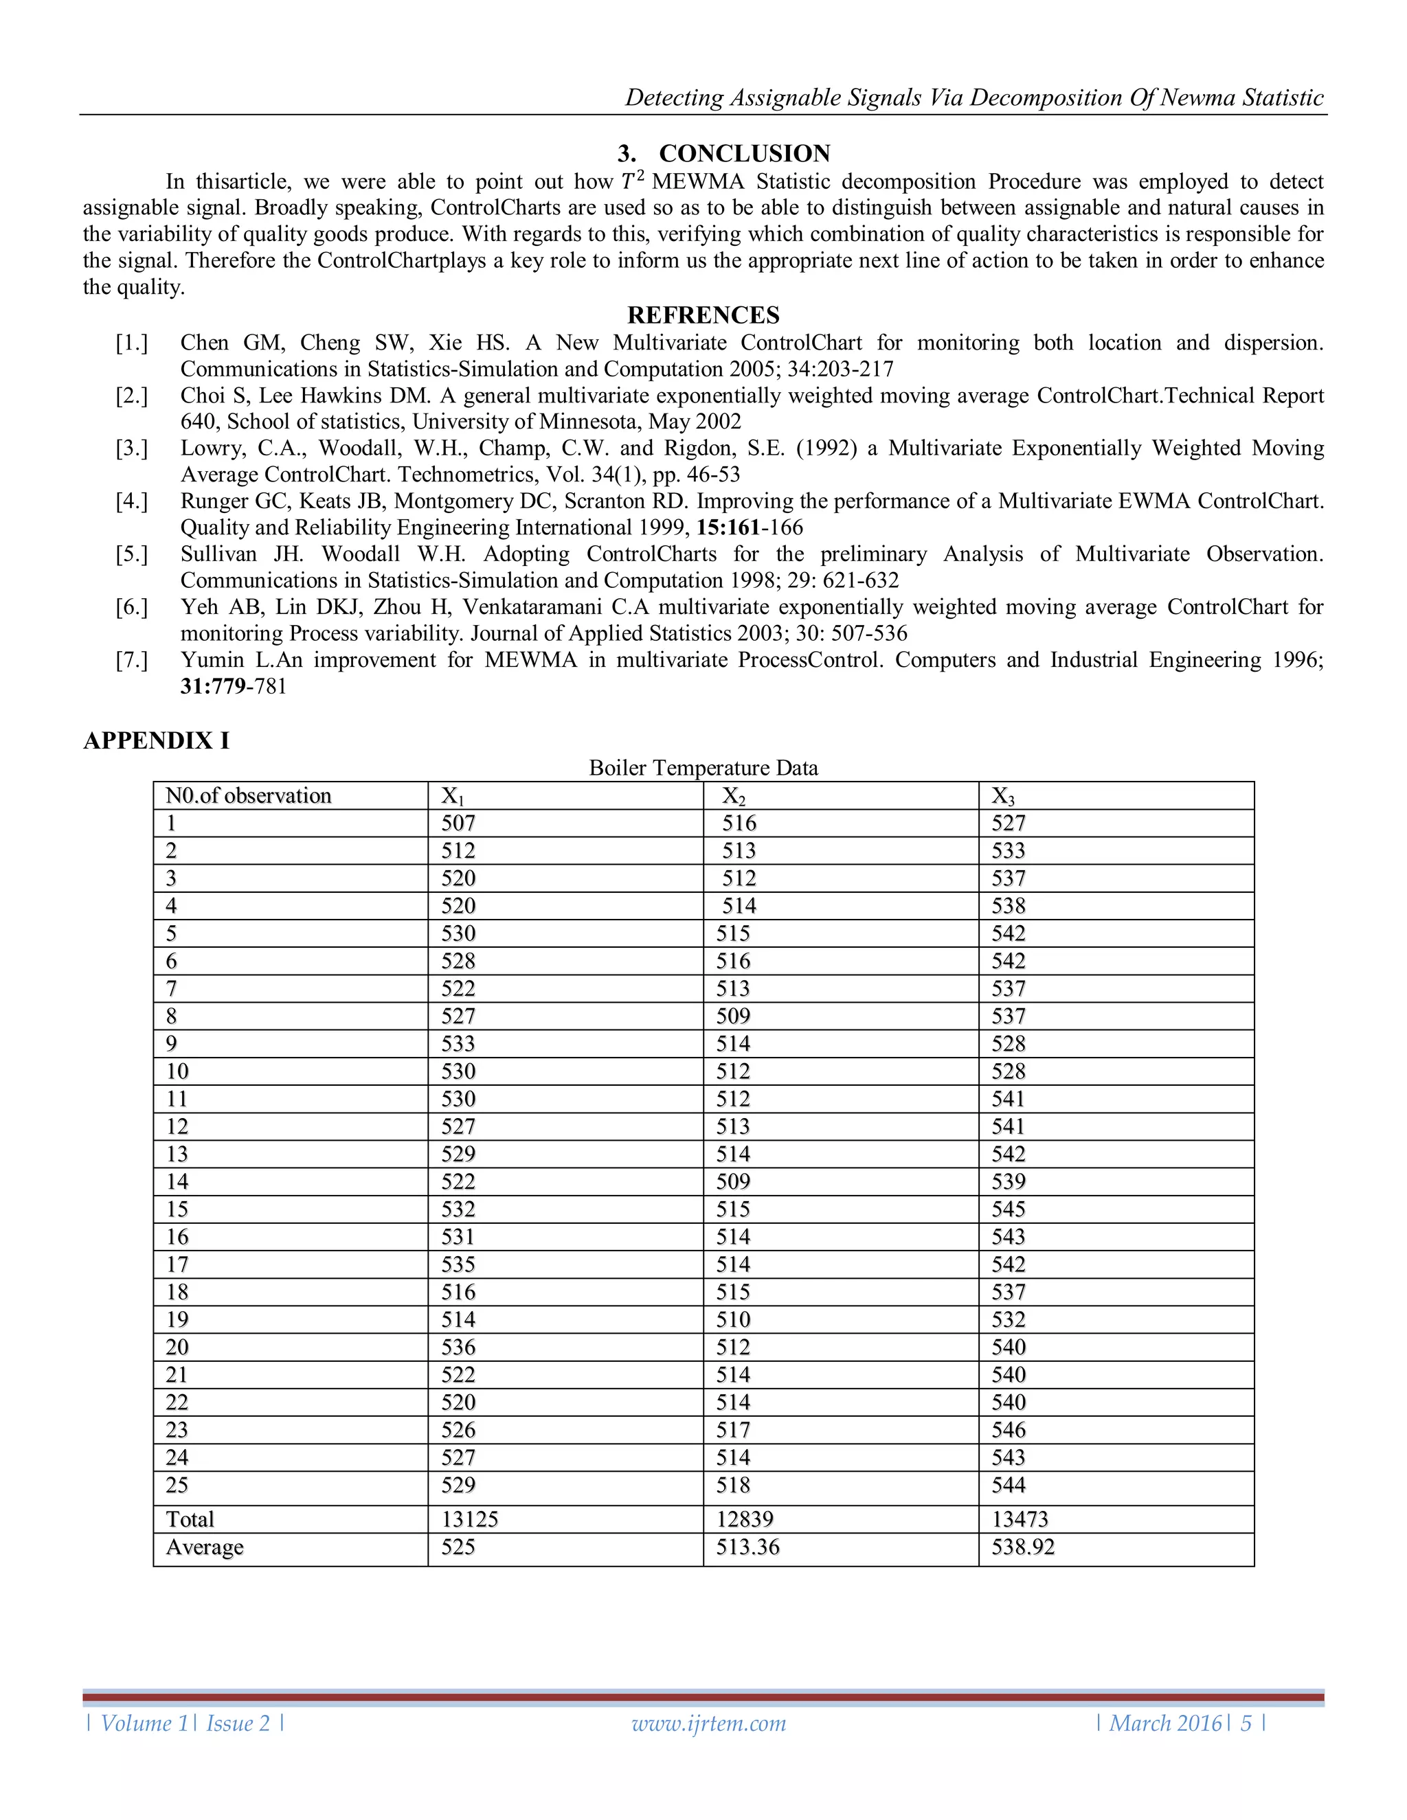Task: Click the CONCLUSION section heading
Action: click(723, 153)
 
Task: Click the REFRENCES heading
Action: click(703, 315)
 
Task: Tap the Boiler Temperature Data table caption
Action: click(703, 768)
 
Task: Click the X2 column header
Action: click(734, 796)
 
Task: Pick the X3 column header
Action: click(1003, 796)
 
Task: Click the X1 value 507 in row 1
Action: click(458, 823)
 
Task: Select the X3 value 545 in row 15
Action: click(1008, 1209)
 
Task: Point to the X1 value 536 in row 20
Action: click(458, 1347)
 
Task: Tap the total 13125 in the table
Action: click(469, 1519)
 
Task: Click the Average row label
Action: click(204, 1547)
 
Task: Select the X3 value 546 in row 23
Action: click(1008, 1430)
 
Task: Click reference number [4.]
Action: click(132, 501)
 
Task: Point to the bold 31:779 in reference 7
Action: click(212, 687)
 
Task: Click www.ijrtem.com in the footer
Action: click(708, 1723)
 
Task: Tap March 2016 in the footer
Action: click(1164, 1723)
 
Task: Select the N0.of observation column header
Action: click(249, 796)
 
